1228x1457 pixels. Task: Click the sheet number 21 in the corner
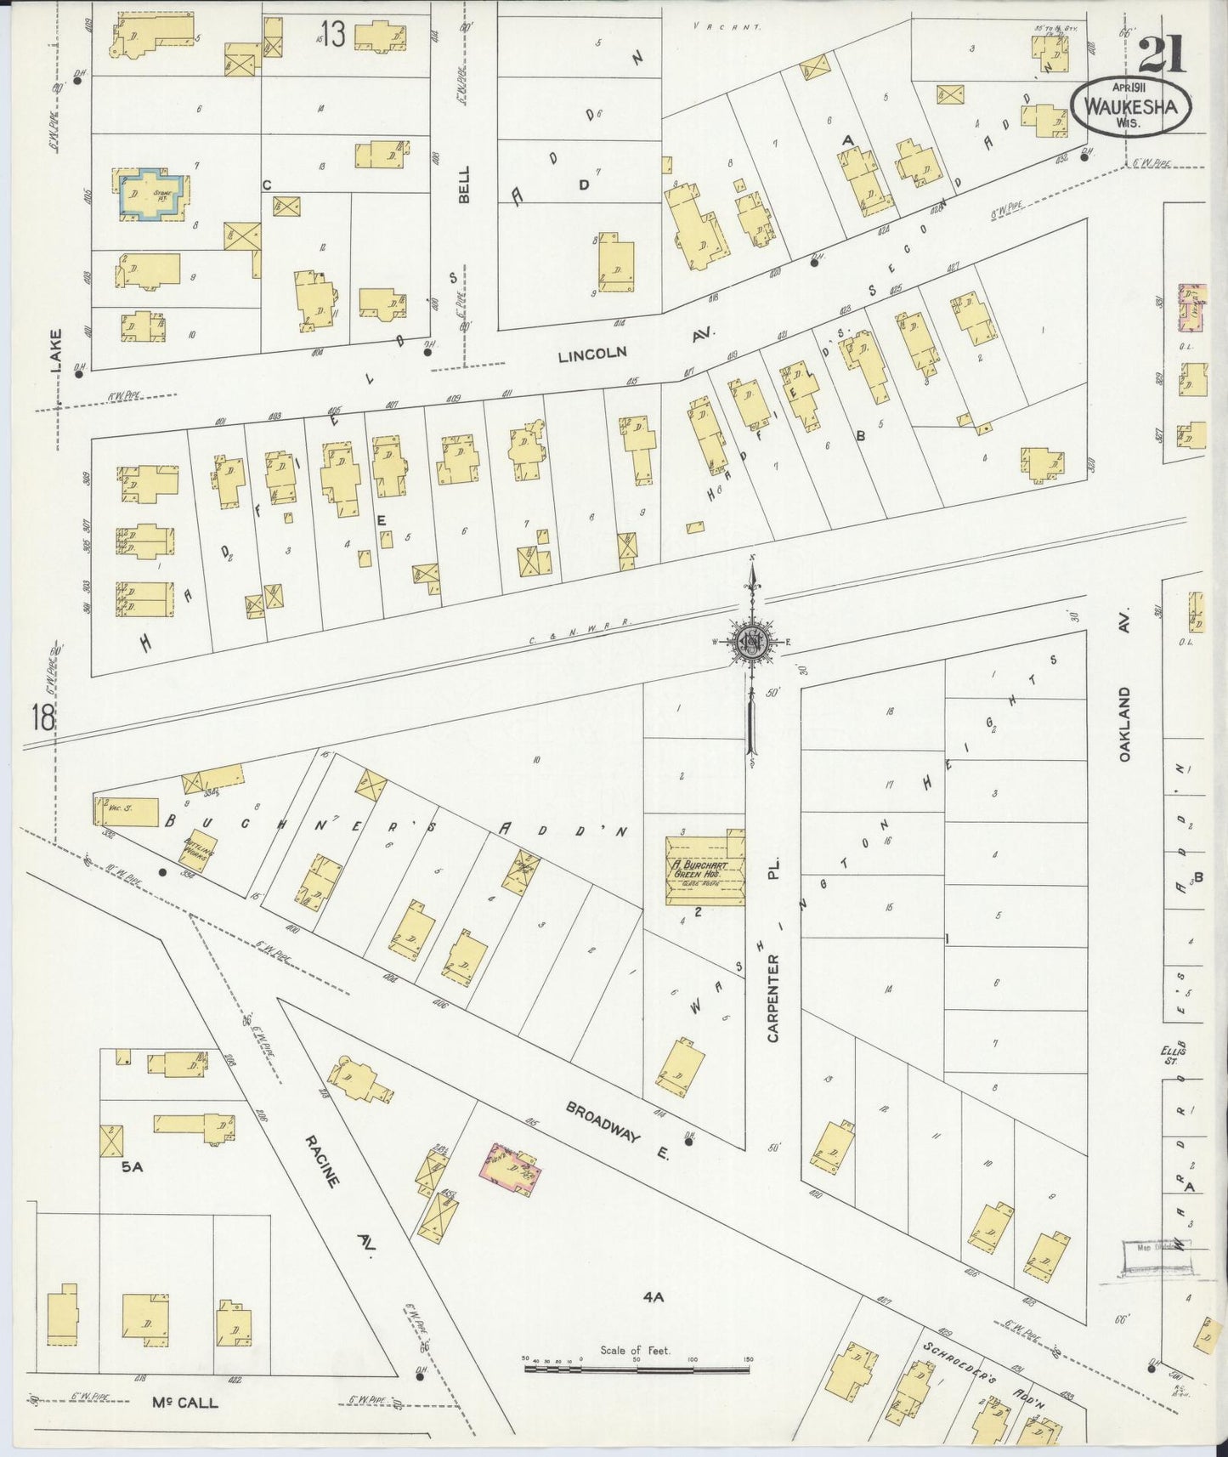[1163, 56]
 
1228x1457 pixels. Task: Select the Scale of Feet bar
[637, 1369]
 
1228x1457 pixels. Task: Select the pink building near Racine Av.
[511, 1165]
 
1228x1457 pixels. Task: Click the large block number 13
[332, 36]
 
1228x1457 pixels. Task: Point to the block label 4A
[653, 1296]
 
